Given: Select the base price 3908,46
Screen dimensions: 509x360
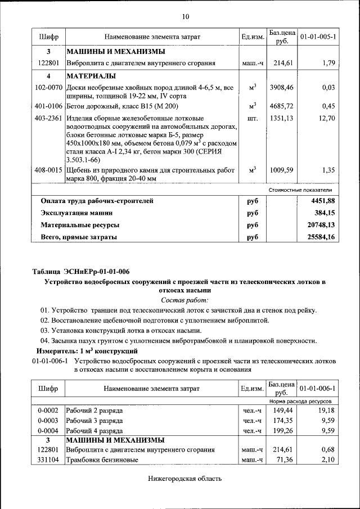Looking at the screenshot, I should (x=282, y=88).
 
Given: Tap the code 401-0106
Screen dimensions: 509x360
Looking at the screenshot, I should (x=49, y=105).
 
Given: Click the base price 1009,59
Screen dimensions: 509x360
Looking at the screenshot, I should (x=282, y=169).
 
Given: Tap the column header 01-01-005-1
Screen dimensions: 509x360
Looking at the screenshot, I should (x=318, y=37).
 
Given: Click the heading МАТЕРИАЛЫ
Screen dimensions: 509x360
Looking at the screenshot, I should (x=91, y=76).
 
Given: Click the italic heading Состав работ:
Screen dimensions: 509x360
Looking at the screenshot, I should (x=186, y=300).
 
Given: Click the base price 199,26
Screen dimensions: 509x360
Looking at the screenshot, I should (x=282, y=430).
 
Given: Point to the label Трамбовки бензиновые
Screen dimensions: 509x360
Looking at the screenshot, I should (x=102, y=460).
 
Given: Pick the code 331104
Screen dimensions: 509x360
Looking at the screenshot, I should (x=49, y=460).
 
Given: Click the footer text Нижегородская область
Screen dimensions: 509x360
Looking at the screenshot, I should (x=185, y=479).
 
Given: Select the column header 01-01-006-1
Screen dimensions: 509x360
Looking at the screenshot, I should (x=318, y=389).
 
